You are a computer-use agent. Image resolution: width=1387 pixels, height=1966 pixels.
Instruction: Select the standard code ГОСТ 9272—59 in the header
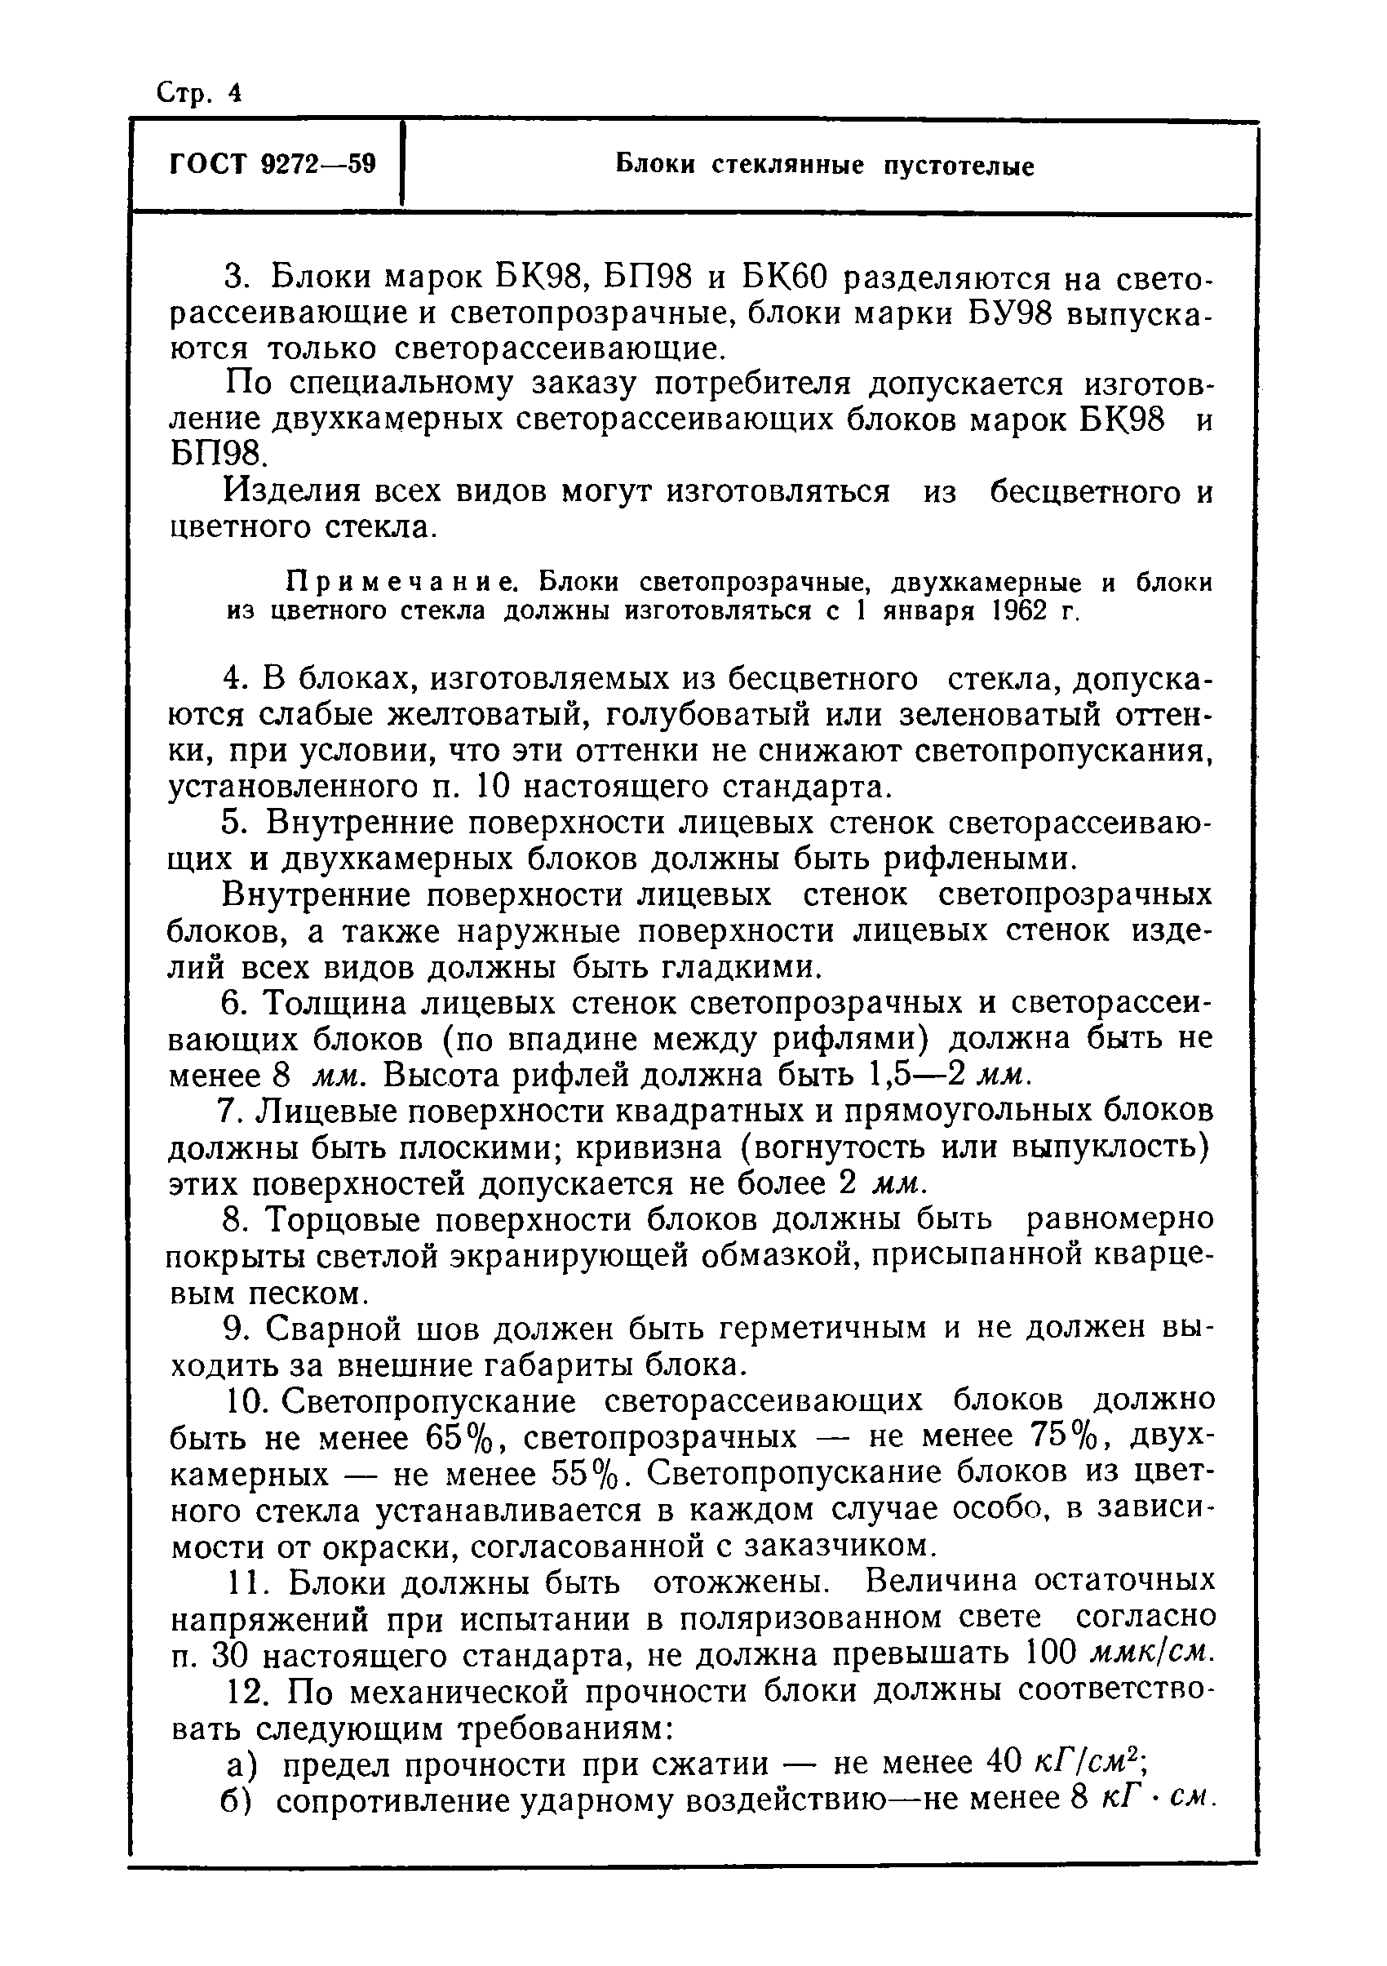273,162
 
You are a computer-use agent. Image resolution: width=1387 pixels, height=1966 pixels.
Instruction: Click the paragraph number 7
228,1112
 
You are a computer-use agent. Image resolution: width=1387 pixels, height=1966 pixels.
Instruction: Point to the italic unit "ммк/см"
1151,1653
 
